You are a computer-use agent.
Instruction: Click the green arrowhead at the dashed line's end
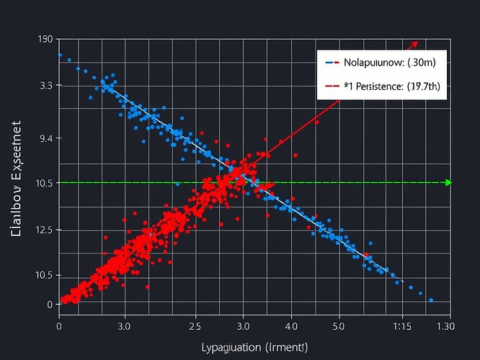[x=448, y=182]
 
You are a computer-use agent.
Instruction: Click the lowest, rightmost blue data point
[x=431, y=300]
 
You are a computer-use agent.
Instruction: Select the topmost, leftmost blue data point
[x=60, y=55]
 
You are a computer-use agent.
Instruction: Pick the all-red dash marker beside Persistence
[x=332, y=86]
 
